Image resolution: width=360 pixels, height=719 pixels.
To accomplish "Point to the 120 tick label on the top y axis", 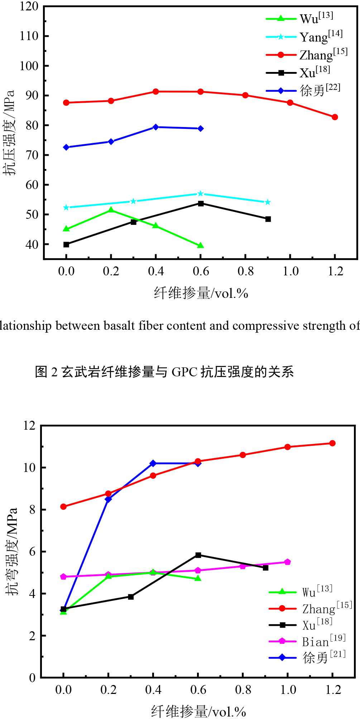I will (29, 7).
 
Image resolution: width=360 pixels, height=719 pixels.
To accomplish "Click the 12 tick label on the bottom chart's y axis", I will (30, 426).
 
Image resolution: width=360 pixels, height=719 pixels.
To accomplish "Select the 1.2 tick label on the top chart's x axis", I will (335, 271).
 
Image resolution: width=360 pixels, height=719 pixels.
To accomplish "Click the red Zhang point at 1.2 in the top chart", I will (335, 117).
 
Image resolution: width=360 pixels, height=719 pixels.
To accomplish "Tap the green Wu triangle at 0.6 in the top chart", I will (201, 245).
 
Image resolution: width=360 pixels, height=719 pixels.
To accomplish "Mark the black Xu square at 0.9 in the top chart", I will (268, 219).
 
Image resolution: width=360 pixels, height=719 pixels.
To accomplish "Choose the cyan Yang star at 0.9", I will (268, 202).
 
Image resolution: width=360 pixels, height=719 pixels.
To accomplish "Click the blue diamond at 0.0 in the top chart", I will (66, 147).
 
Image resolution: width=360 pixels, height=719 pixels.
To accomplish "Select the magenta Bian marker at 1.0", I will (287, 562).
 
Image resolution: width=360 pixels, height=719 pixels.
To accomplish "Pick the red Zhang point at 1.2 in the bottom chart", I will (332, 443).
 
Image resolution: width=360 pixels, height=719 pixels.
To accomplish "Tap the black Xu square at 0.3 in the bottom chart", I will (131, 597).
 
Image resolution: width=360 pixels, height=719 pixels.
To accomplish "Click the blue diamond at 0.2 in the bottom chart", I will (108, 499).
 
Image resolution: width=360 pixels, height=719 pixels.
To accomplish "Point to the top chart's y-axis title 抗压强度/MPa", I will (10, 132).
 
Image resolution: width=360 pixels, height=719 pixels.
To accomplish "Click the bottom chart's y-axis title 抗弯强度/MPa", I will (12, 551).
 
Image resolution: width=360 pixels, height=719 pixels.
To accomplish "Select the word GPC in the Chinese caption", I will (184, 372).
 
